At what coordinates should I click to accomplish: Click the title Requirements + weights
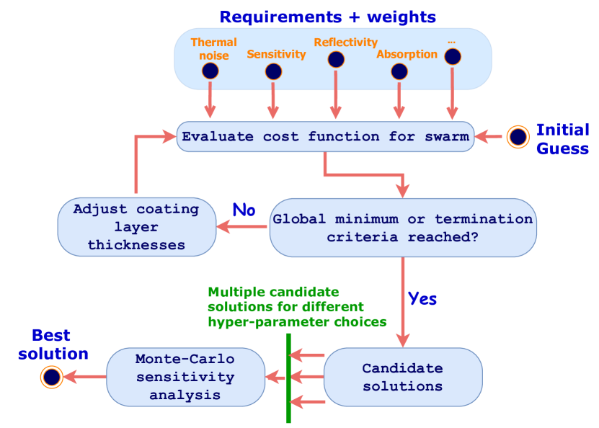[327, 16]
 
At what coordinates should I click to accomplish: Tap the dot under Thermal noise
[210, 71]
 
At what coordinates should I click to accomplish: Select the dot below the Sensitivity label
[273, 71]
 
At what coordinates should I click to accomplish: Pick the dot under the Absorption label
[399, 71]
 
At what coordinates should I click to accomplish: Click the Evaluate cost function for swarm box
[325, 136]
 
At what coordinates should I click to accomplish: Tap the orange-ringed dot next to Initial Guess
[518, 136]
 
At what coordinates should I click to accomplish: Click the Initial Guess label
[562, 139]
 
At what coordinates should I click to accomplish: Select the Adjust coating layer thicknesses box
[136, 227]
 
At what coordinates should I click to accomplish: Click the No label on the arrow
[243, 210]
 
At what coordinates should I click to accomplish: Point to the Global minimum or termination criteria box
[402, 228]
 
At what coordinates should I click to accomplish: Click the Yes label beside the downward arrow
[422, 297]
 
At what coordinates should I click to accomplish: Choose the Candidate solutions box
[402, 377]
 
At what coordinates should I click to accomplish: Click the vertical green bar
[288, 378]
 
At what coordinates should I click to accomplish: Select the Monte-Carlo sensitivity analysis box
[185, 376]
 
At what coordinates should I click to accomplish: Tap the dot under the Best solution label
[50, 376]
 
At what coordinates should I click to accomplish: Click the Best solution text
[53, 345]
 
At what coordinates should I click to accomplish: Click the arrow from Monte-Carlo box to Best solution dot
[84, 376]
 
